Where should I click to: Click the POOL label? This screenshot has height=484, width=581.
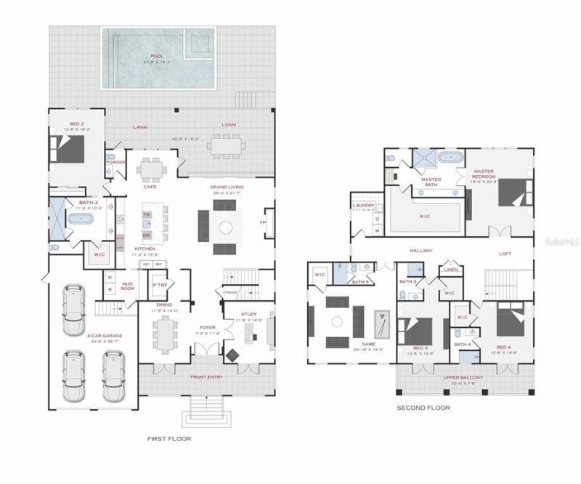[x=158, y=56]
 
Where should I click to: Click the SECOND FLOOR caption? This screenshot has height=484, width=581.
[x=423, y=408]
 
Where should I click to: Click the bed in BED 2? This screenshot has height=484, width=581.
[x=71, y=150]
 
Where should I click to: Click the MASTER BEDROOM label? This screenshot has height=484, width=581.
[x=483, y=174]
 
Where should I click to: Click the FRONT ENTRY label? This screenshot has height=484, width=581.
[x=207, y=377]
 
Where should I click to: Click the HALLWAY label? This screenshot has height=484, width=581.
[x=420, y=251]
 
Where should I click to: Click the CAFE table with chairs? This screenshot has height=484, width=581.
[x=152, y=169]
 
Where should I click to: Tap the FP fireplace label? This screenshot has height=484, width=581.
[x=263, y=222]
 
